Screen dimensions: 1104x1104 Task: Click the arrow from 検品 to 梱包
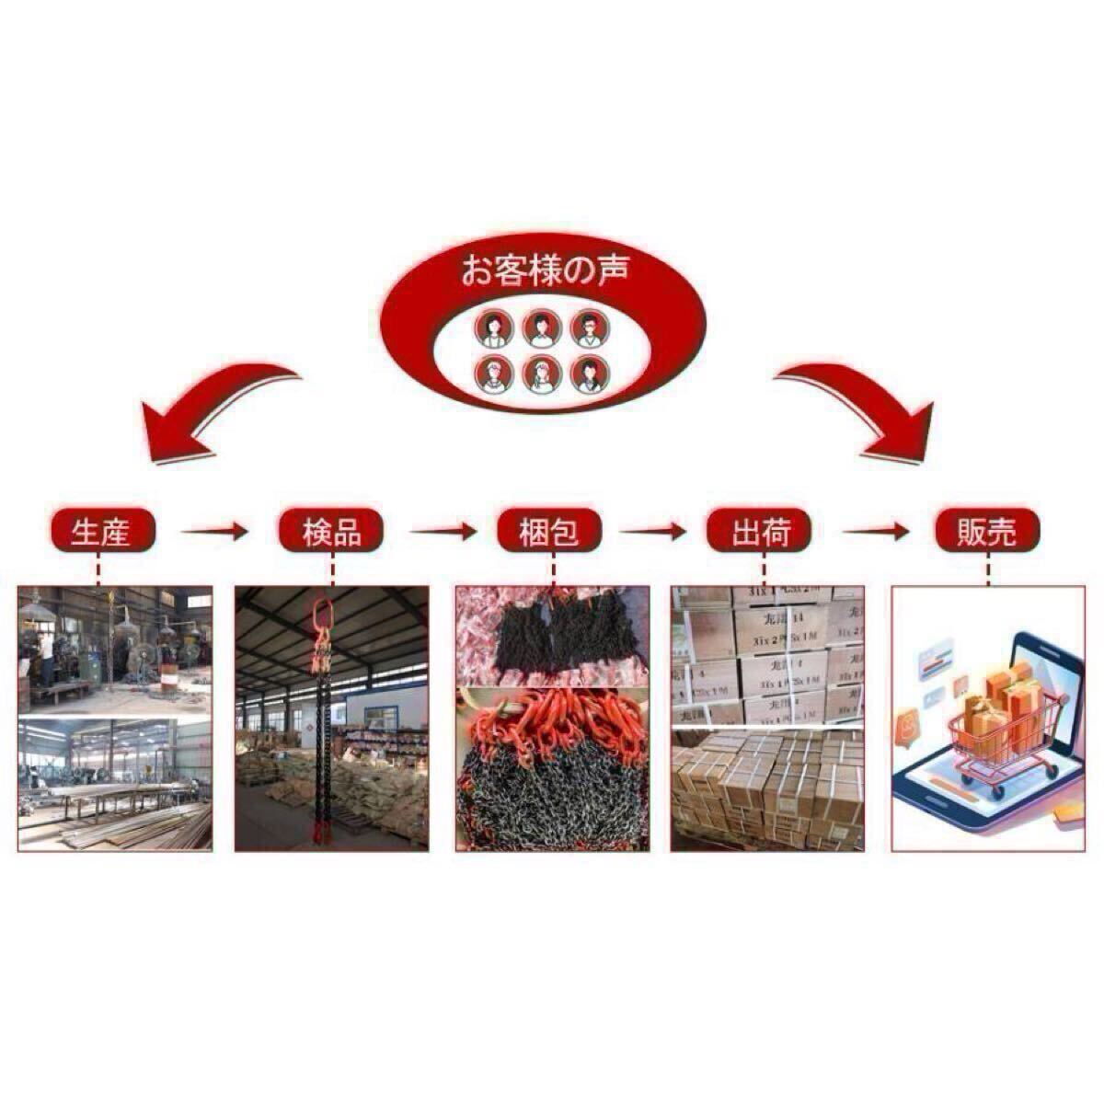[x=443, y=531]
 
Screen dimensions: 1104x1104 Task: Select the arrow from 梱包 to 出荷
[x=653, y=531]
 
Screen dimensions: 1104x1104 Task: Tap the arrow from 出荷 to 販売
[x=877, y=531]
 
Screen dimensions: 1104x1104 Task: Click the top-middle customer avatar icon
[x=542, y=328]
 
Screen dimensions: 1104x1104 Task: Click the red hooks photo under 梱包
[x=552, y=768]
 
